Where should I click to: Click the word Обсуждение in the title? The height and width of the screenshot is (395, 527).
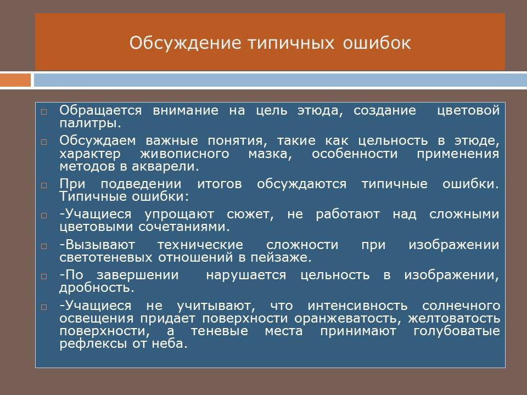pos(186,43)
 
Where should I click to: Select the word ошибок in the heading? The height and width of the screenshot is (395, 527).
pos(377,43)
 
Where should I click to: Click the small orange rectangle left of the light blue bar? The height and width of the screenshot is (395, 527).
pos(15,80)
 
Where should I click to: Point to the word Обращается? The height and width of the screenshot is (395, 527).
pos(100,110)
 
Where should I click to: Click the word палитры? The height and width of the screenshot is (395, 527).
pos(90,123)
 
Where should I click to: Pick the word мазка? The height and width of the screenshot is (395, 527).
pos(270,154)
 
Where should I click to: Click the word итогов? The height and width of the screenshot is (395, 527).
pos(220,184)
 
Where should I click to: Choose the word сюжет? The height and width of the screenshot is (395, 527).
pos(250,215)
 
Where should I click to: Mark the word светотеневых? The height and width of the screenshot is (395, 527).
pos(106,258)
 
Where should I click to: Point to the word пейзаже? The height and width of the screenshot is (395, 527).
pos(281,258)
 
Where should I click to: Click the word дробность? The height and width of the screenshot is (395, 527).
pos(97,288)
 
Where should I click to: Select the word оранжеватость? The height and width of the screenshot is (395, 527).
pos(348,319)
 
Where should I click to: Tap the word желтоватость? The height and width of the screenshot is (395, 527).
pos(454,318)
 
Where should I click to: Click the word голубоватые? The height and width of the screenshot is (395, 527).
pos(457,331)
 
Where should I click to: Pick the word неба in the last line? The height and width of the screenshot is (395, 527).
pos(170,343)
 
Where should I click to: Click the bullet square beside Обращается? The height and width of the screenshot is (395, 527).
pos(44,112)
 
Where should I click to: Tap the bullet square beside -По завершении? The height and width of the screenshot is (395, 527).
pos(44,276)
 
